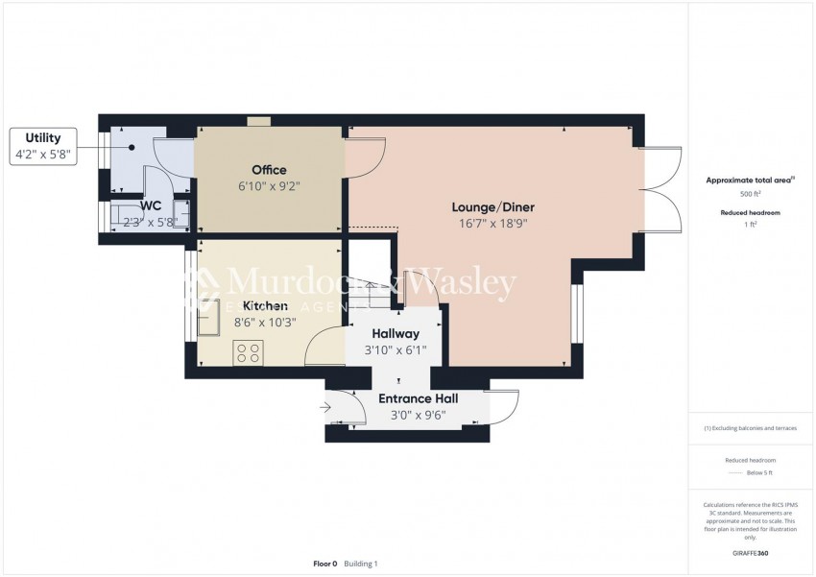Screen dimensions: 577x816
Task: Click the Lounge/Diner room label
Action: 492,206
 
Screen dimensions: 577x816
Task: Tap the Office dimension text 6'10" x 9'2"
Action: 269,187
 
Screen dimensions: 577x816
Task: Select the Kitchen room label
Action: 265,305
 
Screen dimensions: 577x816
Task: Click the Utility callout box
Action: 43,145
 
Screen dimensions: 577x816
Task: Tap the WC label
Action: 150,205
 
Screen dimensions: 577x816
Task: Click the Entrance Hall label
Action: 418,398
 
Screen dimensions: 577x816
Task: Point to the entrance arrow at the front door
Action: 324,408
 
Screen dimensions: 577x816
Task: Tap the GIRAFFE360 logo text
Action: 751,553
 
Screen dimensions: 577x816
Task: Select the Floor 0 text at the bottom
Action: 325,564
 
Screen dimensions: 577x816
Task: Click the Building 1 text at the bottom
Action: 362,564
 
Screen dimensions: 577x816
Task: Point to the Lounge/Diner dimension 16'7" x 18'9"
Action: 492,224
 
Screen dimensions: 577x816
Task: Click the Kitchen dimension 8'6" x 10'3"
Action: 265,323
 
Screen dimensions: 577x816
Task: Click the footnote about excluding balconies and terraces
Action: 751,428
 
